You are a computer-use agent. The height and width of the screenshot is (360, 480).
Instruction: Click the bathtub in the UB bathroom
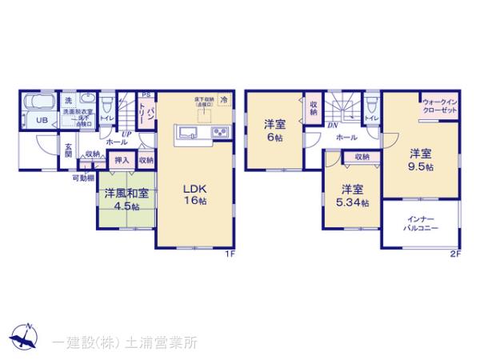point(38,103)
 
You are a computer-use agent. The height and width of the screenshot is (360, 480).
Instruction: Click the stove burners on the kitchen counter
point(218,133)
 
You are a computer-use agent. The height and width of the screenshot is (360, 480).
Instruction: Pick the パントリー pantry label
point(149,111)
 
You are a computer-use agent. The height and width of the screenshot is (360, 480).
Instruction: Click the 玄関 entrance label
point(69,150)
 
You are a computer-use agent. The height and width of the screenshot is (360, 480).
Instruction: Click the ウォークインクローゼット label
point(439,106)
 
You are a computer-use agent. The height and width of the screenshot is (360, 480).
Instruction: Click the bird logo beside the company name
point(26,338)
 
